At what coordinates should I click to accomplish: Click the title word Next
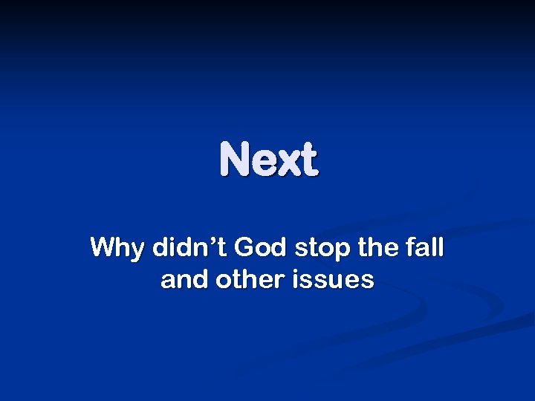(x=269, y=160)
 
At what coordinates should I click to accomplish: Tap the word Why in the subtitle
(x=118, y=248)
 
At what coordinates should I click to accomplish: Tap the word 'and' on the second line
(x=179, y=280)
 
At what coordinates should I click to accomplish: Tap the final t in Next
(x=310, y=160)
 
